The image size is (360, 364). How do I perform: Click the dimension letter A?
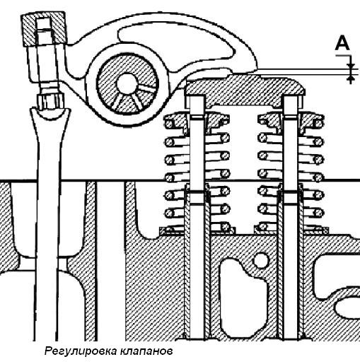pyautogui.click(x=342, y=43)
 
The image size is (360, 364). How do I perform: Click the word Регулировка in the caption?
pyautogui.click(x=80, y=351)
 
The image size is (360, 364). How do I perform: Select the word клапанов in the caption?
pyautogui.click(x=146, y=351)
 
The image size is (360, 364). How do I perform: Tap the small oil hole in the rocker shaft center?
pyautogui.click(x=127, y=83)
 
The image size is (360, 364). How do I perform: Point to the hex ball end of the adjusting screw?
pyautogui.click(x=50, y=101)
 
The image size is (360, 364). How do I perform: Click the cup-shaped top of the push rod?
pyautogui.click(x=50, y=116)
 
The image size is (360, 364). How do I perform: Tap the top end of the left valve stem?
pyautogui.click(x=197, y=97)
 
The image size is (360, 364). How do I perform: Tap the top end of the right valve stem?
pyautogui.click(x=291, y=97)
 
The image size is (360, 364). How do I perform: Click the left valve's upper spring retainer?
pyautogui.click(x=197, y=122)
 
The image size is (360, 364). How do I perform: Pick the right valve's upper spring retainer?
pyautogui.click(x=291, y=122)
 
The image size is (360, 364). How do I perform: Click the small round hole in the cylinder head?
pyautogui.click(x=260, y=260)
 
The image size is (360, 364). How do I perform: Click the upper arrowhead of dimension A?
pyautogui.click(x=351, y=66)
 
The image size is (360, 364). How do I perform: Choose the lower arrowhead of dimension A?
pyautogui.click(x=351, y=78)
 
